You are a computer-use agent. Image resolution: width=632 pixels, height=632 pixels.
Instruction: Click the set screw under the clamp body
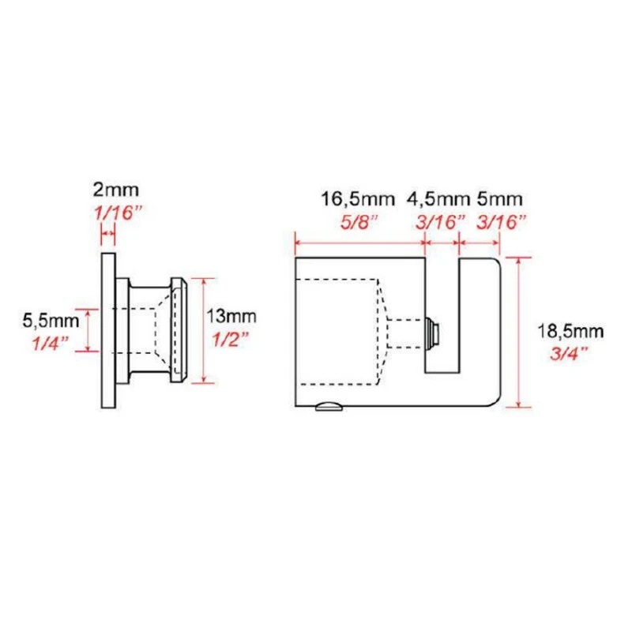(328, 408)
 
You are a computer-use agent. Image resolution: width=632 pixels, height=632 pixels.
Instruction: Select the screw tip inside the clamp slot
(431, 332)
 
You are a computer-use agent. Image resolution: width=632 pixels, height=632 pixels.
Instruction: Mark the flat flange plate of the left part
(108, 332)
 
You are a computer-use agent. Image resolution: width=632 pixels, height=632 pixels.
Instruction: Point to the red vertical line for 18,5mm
(518, 332)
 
